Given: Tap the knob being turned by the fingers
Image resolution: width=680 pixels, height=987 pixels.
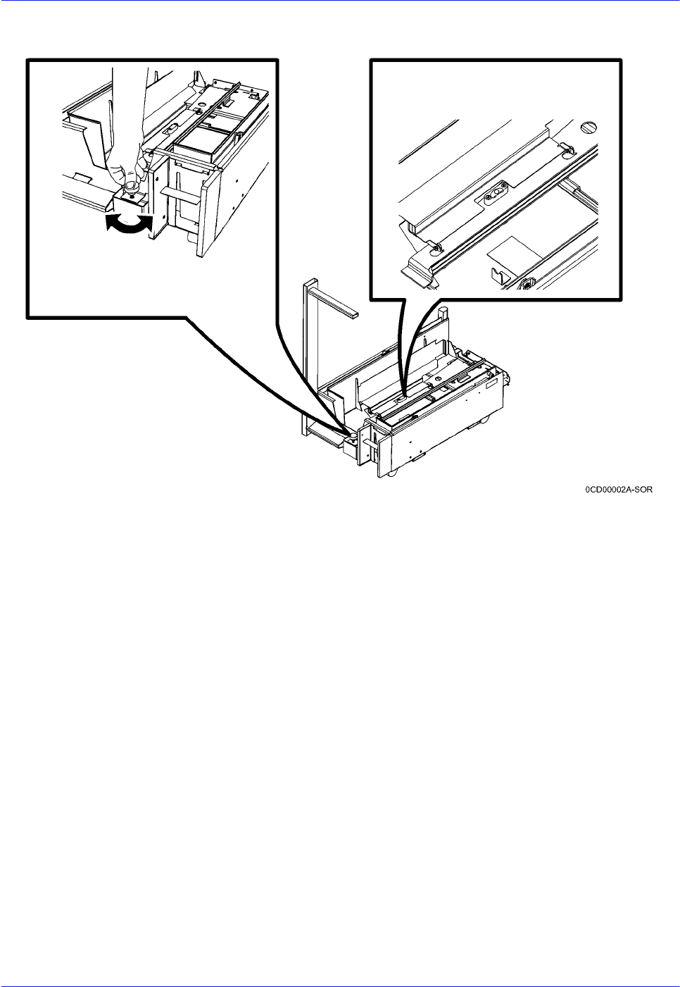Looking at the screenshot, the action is point(131,188).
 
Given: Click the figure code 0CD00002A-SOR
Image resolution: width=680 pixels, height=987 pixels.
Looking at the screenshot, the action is point(618,490).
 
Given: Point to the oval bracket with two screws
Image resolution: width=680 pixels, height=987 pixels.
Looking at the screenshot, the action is point(494,192).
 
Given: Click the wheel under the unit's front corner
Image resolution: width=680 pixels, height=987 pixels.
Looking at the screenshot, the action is point(392,473).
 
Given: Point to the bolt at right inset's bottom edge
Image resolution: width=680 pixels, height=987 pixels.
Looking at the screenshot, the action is point(526,284).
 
